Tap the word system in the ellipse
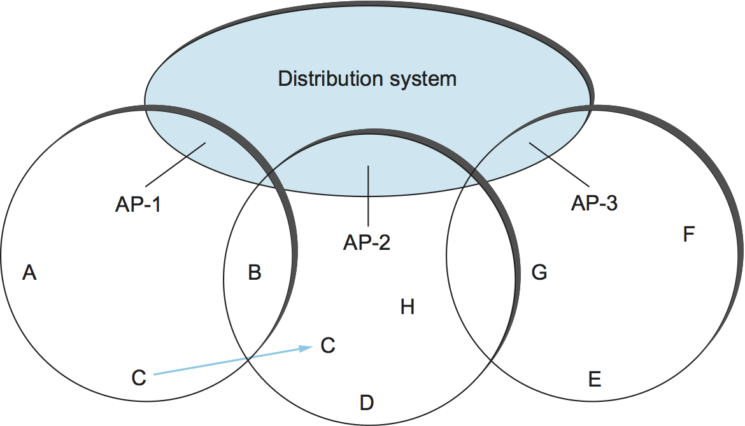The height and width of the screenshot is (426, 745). tap(425, 79)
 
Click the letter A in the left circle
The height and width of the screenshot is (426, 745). tap(29, 273)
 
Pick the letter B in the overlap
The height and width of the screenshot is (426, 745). tap(254, 273)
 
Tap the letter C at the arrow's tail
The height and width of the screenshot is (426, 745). tap(139, 377)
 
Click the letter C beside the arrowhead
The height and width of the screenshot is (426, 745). tap(328, 346)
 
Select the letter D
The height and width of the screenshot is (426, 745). tap(366, 402)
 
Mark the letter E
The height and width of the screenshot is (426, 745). tap(595, 380)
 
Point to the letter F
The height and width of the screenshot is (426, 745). tap(688, 235)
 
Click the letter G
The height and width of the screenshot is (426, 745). tap(539, 273)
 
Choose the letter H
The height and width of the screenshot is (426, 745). tap(408, 308)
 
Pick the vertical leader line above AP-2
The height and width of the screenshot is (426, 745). tap(368, 196)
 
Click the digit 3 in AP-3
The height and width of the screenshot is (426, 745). tap(612, 204)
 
